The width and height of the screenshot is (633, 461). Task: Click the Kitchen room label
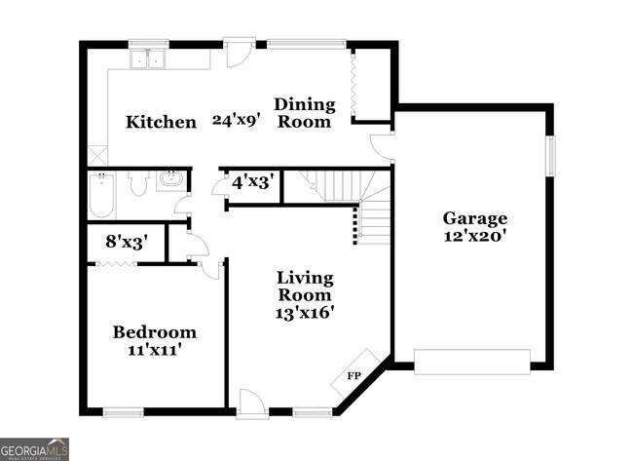click(161, 123)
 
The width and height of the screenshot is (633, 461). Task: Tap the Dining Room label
click(304, 113)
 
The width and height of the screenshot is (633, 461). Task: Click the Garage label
click(475, 218)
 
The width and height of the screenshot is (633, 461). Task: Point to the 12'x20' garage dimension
click(475, 236)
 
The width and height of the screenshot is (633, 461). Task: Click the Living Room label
click(304, 287)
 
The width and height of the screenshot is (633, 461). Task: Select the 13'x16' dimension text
click(304, 313)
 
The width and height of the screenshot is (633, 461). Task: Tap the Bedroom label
click(154, 332)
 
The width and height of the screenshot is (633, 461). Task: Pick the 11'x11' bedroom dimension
click(154, 350)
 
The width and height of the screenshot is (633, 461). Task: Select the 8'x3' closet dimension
click(126, 243)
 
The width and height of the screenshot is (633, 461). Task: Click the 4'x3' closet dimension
click(251, 182)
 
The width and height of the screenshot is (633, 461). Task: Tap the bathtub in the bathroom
click(101, 195)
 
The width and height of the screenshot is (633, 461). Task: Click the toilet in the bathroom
click(137, 183)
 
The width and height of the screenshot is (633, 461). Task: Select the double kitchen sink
click(149, 60)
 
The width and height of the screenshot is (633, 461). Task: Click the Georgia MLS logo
click(34, 449)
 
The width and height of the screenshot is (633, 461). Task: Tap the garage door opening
click(471, 361)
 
